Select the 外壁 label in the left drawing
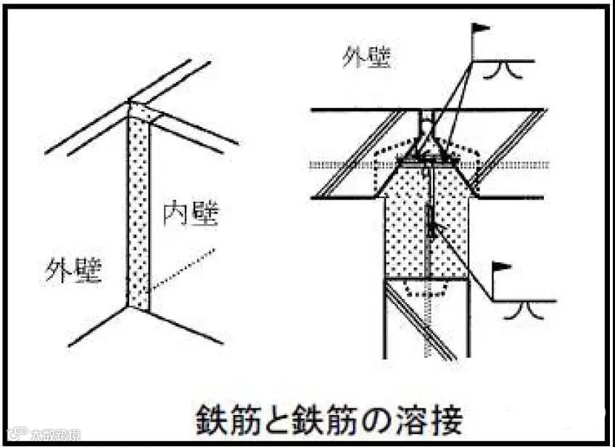coord(73,271)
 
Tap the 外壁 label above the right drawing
coord(367,58)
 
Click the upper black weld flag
coord(481,30)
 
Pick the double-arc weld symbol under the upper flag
coord(502,70)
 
